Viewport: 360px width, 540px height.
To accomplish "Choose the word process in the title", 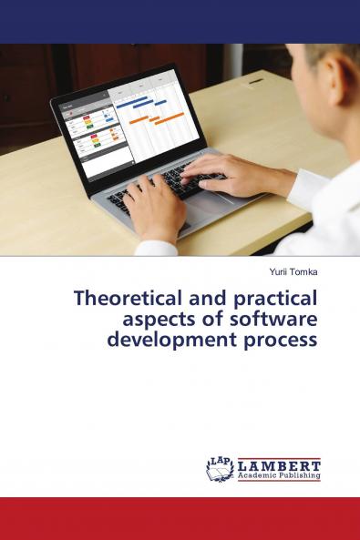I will coord(279,341).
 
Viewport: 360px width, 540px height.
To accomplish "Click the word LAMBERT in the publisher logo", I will coord(279,464).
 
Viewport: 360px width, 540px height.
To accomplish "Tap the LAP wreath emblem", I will coord(220,468).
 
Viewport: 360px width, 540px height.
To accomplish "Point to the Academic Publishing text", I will coord(279,475).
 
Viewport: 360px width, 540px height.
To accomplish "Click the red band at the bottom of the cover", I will coord(180,518).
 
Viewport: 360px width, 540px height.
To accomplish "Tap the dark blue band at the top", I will coord(180,21).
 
